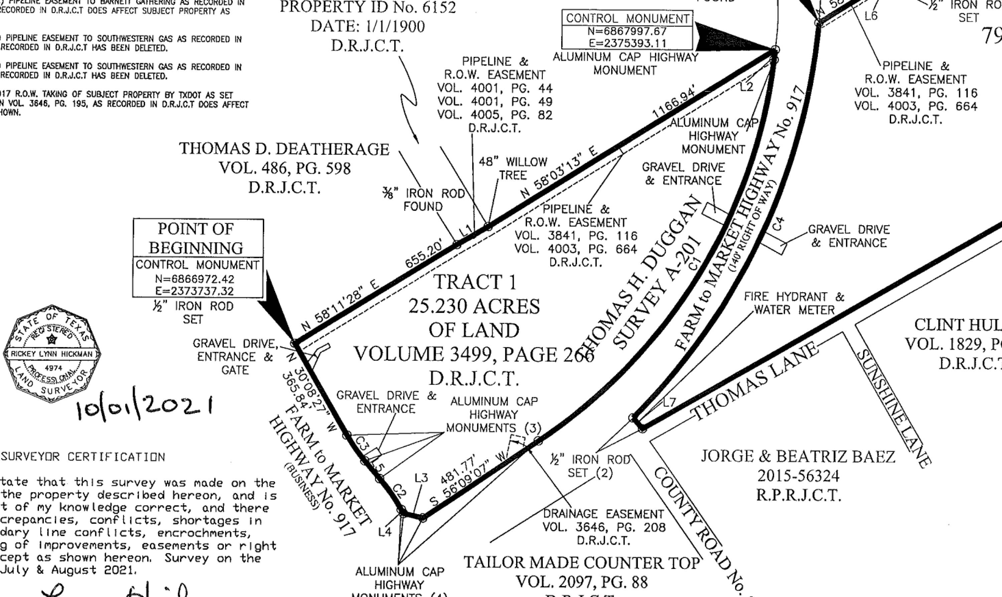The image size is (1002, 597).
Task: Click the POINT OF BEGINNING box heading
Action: click(196, 238)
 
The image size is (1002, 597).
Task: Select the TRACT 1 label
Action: click(475, 282)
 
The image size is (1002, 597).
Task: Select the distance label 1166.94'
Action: click(674, 103)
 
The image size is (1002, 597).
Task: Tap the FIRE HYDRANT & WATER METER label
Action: click(794, 303)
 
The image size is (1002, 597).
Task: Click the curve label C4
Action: click(779, 224)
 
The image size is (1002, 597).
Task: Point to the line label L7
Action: click(669, 402)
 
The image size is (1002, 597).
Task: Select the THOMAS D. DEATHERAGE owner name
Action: click(284, 149)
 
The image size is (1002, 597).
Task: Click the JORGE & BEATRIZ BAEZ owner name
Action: click(798, 456)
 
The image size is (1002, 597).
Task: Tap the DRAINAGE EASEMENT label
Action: click(604, 514)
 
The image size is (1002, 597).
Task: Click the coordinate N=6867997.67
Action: click(627, 31)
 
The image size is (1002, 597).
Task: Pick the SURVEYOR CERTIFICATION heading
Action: click(83, 457)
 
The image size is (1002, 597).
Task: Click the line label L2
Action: click(746, 87)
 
